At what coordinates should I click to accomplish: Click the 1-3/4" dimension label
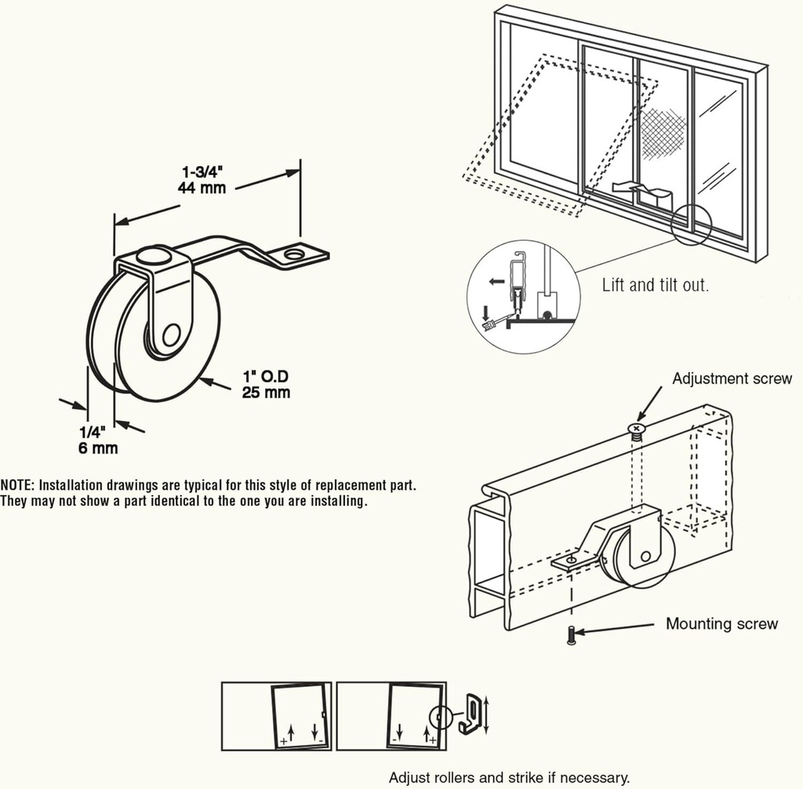(x=203, y=172)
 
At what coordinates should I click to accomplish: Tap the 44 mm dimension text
(x=203, y=187)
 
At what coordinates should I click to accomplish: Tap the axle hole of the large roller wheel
(x=169, y=336)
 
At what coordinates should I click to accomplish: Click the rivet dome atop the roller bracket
(x=151, y=256)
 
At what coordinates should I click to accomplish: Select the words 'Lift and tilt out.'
(x=655, y=285)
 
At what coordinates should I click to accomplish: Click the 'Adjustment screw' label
(x=732, y=379)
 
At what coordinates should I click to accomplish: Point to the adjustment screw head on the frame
(x=636, y=427)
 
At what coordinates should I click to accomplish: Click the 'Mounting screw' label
(x=721, y=624)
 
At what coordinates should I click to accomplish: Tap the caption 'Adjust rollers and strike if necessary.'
(x=509, y=777)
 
